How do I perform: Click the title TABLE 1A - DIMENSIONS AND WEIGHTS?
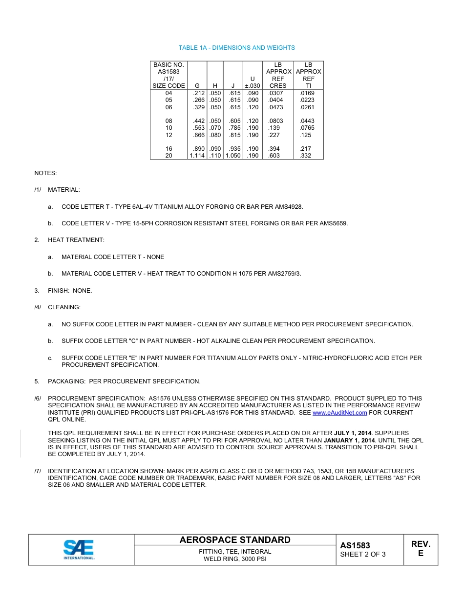tap(236, 48)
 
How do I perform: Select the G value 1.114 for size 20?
tap(197, 156)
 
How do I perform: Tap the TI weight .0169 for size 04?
tap(307, 93)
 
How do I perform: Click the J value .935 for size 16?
tap(234, 149)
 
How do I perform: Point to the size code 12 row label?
tap(169, 135)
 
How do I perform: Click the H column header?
tap(215, 86)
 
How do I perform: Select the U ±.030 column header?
tap(252, 82)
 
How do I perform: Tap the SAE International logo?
tap(79, 550)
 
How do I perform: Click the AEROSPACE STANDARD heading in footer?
tap(235, 540)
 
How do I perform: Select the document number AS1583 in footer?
tap(355, 546)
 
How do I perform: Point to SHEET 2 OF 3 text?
tap(362, 555)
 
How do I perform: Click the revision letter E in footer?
tap(421, 554)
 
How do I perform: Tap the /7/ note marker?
tap(38, 471)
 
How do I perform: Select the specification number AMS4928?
tap(289, 207)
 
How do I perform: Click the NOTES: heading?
tap(45, 173)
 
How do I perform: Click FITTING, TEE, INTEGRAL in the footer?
tap(235, 552)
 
